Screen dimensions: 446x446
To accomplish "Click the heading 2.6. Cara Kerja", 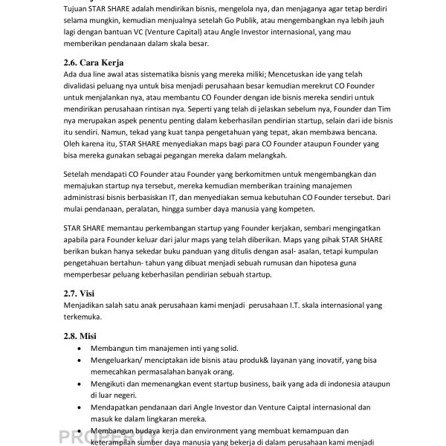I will [94, 62].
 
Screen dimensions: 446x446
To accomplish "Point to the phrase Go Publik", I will [277, 20].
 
